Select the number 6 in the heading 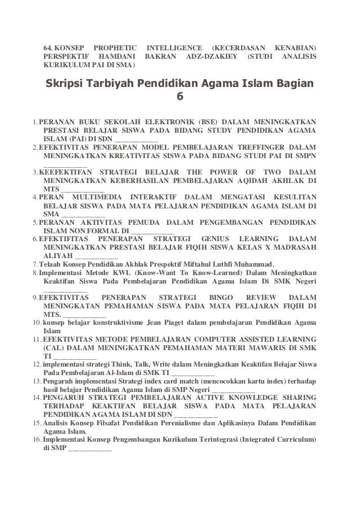tap(180, 97)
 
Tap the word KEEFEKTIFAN tap(60, 172)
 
